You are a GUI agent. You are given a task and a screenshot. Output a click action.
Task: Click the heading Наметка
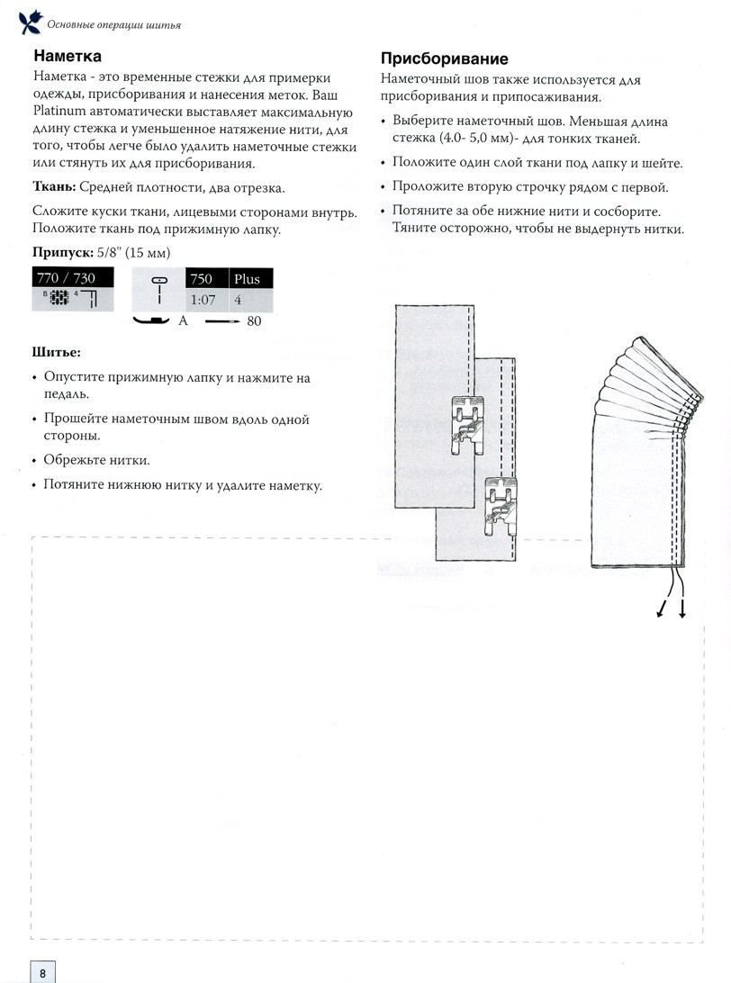(x=67, y=56)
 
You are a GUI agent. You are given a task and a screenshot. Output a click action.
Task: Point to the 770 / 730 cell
(x=65, y=278)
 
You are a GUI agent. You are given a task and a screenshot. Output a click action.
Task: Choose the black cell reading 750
(x=205, y=279)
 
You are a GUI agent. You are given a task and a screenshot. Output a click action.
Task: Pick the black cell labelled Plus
(x=248, y=279)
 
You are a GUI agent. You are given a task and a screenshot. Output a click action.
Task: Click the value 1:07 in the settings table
(x=203, y=300)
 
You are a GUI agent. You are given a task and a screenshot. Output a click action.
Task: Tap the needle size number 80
(x=253, y=320)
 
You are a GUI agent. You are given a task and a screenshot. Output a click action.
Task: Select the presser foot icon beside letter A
(x=154, y=320)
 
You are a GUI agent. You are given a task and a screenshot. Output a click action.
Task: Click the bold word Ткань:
(x=53, y=187)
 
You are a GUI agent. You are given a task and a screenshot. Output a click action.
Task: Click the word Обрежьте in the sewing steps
(x=76, y=461)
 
